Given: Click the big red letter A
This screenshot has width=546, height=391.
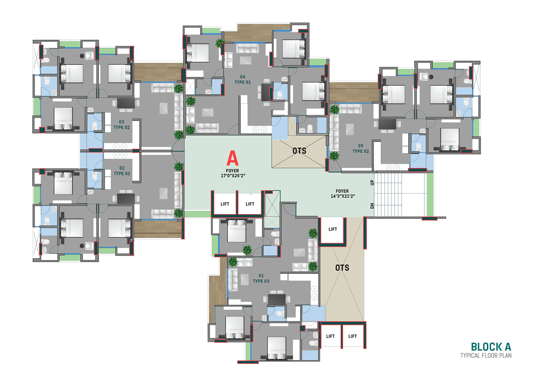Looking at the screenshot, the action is coord(232,158).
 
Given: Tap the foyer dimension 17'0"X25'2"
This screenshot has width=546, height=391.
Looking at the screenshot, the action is coord(233,176).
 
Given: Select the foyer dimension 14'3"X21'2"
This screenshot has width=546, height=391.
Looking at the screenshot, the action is coord(343,196).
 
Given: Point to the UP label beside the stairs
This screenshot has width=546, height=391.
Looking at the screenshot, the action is coord(372,182).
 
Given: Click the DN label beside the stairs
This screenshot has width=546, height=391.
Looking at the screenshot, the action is coord(372,206).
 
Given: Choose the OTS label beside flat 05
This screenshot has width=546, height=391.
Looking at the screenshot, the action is coord(299,151).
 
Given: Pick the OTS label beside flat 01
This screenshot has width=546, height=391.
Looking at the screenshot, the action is coord(342,268).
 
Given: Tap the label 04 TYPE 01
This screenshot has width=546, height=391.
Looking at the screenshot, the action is coord(243,80).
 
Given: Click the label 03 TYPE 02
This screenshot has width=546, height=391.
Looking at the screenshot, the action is coord(121,124).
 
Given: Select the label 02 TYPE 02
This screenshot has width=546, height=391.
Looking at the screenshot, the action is coord(122,170).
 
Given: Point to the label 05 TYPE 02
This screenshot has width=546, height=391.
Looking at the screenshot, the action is coord(361,148).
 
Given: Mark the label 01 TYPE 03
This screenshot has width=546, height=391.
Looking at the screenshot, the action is coord(261,278).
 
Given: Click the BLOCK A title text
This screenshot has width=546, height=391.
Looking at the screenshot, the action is coord(491,347).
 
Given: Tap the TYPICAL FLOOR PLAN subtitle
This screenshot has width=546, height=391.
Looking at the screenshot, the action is coord(486,356).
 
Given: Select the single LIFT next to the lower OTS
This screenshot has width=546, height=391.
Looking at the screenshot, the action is coord(333,229).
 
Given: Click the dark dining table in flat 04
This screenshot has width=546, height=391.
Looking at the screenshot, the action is coord(266,92).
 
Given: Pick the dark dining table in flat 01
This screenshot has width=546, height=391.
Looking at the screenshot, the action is coord(276,299).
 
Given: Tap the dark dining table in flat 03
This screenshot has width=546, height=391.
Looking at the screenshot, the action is coord(126,103).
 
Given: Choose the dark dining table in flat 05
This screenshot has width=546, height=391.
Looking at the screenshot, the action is coord(387,124).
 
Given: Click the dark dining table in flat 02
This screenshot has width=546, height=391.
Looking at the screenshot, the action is coord(126,199).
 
